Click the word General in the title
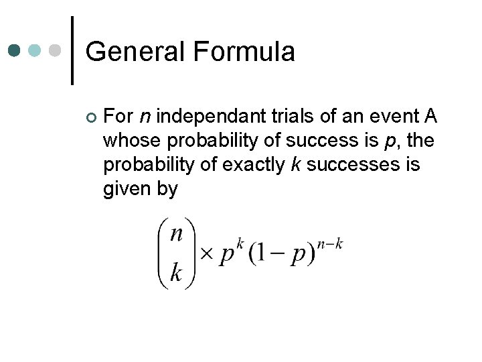tap(134, 51)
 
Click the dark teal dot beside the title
tap(15, 50)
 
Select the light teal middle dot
tap(36, 50)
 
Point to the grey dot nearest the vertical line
tap(56, 50)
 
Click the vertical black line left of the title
tap(72, 50)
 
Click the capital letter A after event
tap(430, 117)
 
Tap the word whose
tap(133, 141)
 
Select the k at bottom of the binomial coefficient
tap(177, 273)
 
